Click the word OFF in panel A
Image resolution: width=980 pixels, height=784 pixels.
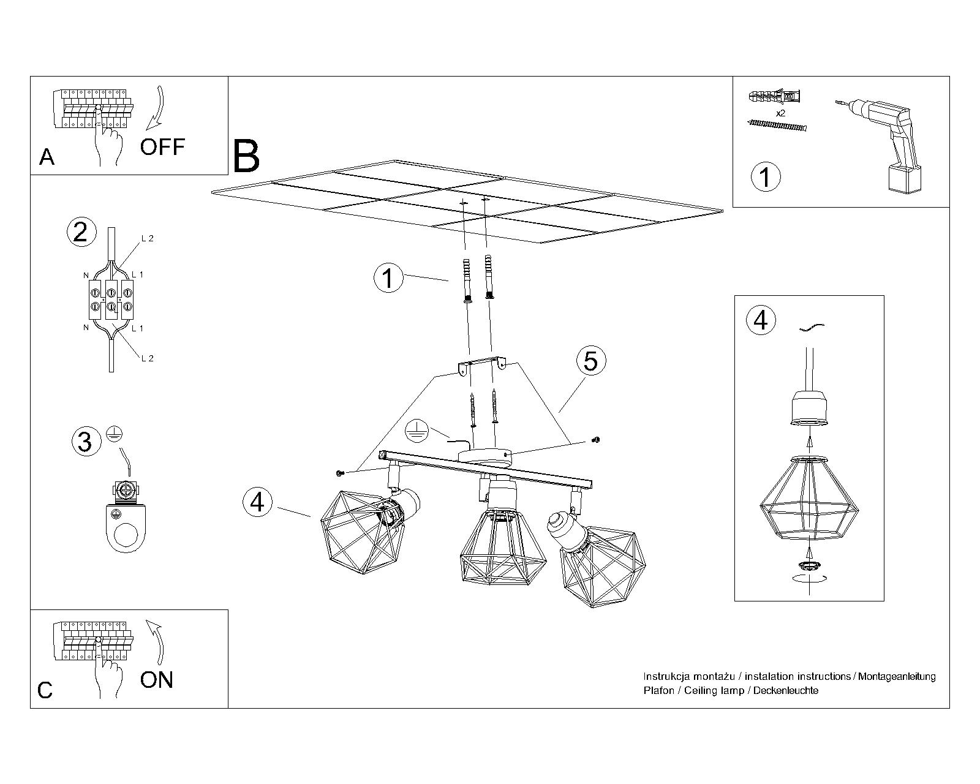tap(162, 147)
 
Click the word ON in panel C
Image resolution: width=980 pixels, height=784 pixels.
tap(157, 680)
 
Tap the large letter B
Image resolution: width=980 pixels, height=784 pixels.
tap(246, 157)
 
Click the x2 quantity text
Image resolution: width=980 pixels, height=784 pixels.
tap(780, 113)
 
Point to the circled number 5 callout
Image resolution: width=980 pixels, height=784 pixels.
tap(590, 361)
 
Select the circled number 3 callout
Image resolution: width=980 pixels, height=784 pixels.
tap(85, 441)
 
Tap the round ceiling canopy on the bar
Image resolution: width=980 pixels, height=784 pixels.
tap(483, 455)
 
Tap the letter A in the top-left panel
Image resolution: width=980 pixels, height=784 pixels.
tap(47, 157)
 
